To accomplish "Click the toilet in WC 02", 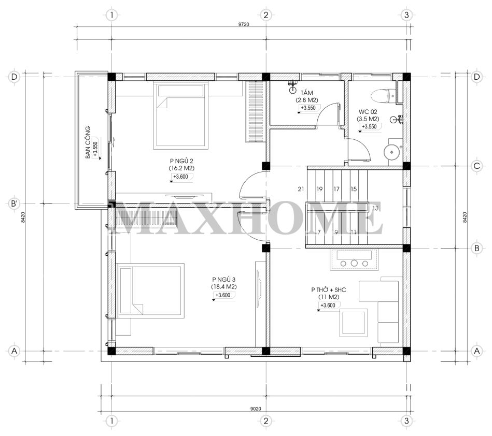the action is (384, 96).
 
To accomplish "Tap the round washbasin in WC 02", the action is (392, 152).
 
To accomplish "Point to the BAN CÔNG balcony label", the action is (88, 142).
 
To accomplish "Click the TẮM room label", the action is (306, 93).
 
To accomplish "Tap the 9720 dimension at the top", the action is (244, 24).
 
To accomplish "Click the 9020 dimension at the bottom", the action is (256, 409).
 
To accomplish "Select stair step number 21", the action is (301, 189).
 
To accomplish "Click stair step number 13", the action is (375, 208).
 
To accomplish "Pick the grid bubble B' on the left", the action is (14, 204).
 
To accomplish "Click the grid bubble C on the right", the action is (477, 166).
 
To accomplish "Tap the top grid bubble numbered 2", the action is (266, 14).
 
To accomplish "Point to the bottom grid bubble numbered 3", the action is (406, 420).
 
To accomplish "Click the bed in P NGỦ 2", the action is (181, 115).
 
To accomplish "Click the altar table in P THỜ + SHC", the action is (354, 259).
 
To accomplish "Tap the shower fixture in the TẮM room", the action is (292, 87).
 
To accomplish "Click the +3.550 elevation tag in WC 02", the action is (370, 127).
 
